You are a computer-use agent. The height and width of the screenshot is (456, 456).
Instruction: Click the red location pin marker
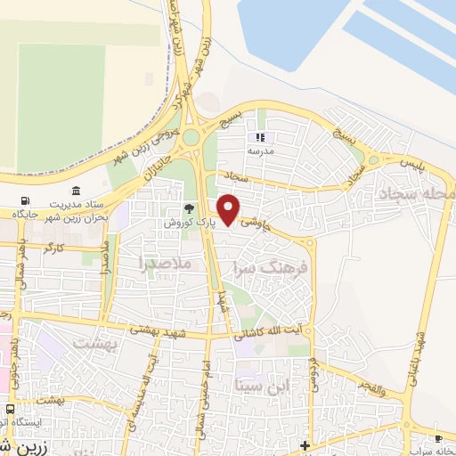pyautogui.click(x=229, y=208)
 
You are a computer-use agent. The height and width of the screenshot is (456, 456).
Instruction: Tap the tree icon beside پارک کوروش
pyautogui.click(x=189, y=208)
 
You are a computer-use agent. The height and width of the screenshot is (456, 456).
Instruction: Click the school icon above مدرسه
pyautogui.click(x=261, y=138)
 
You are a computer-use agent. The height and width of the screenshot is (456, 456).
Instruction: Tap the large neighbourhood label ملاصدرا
pyautogui.click(x=165, y=263)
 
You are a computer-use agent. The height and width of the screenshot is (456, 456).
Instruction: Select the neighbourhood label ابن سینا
pyautogui.click(x=262, y=386)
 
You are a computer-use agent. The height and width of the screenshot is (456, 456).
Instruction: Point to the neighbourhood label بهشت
pyautogui.click(x=94, y=341)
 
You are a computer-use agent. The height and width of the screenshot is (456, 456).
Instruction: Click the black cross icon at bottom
pyautogui.click(x=305, y=444)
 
